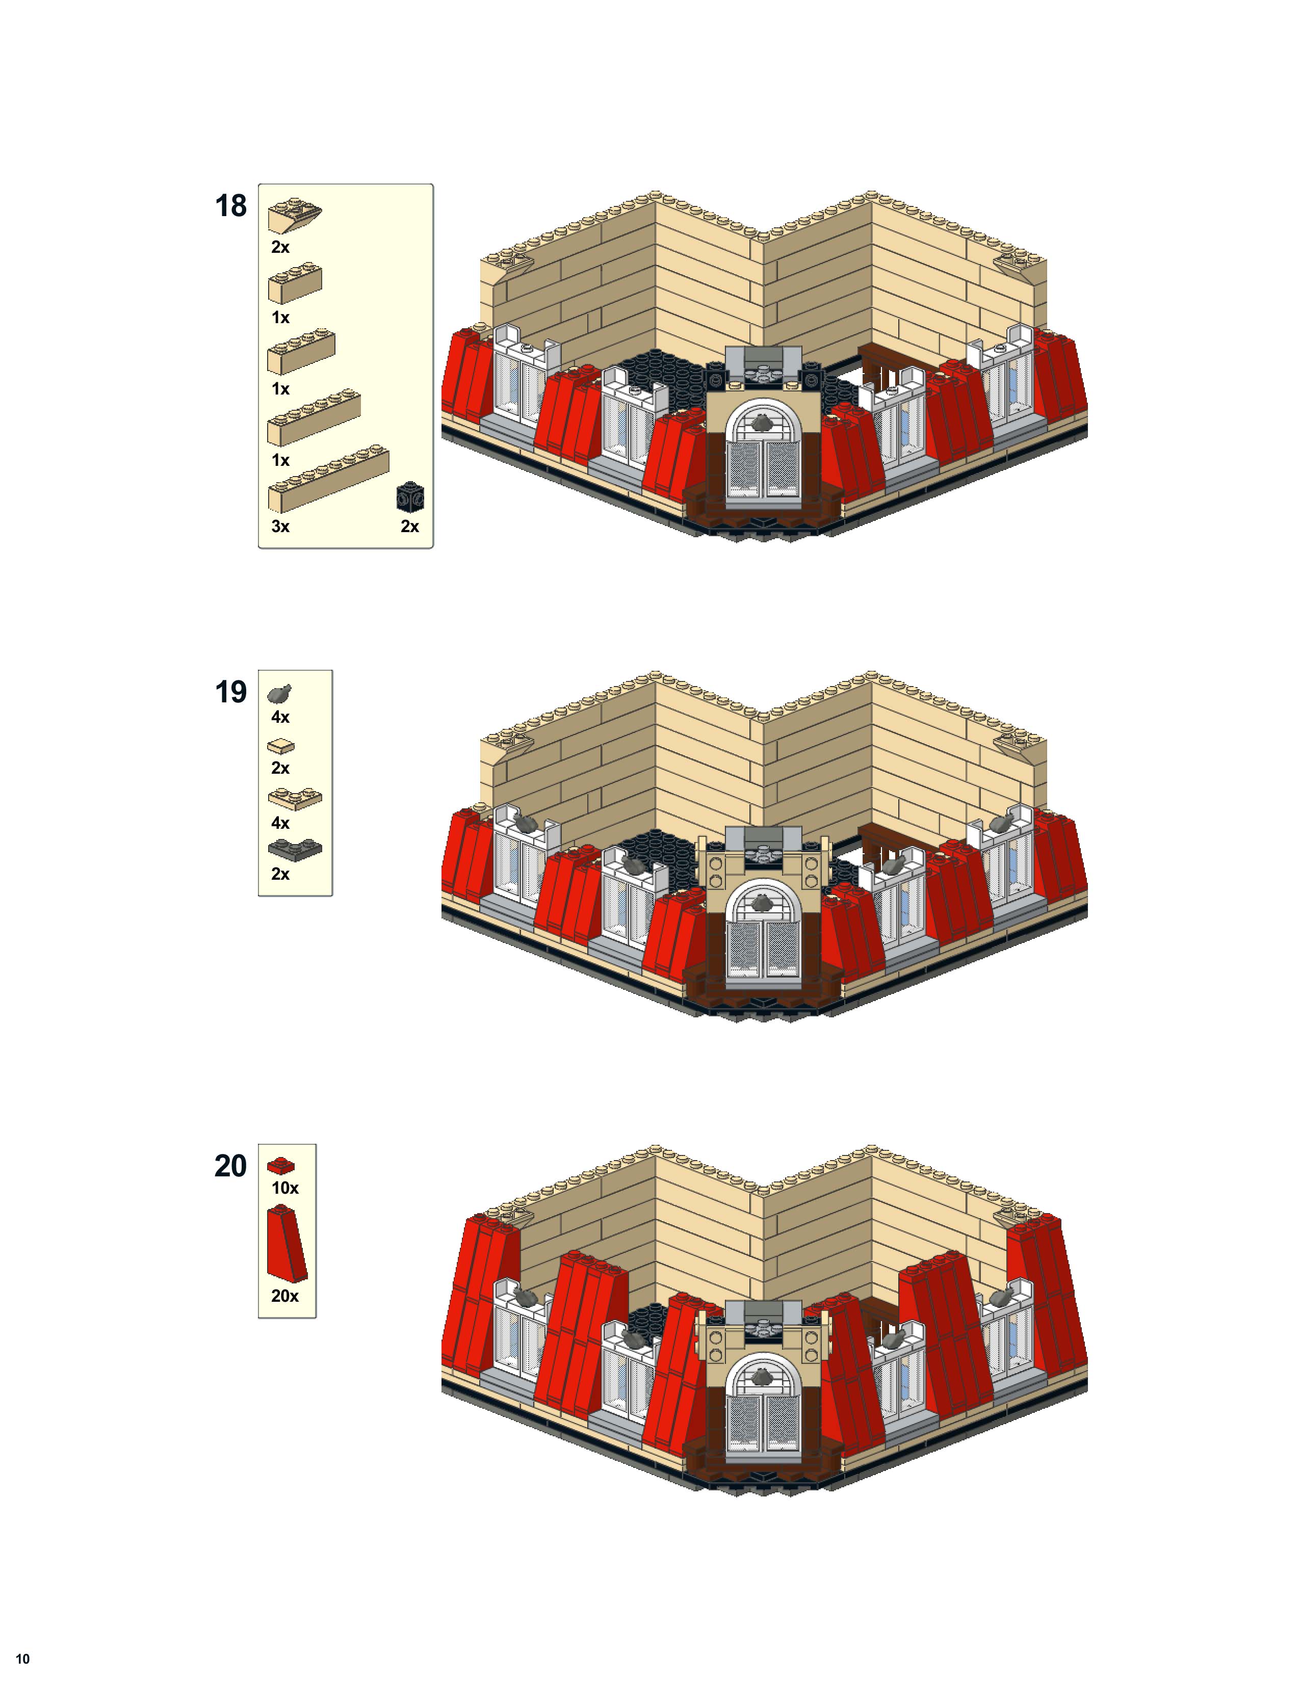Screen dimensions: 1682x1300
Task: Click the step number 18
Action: click(x=230, y=206)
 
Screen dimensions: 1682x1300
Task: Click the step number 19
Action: click(x=230, y=692)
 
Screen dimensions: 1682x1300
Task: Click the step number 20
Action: click(x=230, y=1166)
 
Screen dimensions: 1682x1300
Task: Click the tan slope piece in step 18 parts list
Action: click(x=294, y=215)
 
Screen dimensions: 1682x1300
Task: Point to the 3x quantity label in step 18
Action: click(x=280, y=527)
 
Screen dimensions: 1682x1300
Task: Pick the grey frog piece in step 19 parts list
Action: click(x=279, y=693)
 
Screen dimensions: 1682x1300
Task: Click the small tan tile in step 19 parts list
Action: click(x=281, y=746)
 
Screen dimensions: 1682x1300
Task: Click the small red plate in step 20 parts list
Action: click(x=280, y=1165)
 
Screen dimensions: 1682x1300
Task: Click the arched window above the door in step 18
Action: click(x=762, y=423)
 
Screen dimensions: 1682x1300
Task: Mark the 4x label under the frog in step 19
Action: click(x=280, y=718)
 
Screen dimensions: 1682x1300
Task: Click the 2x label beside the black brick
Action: click(x=410, y=527)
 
